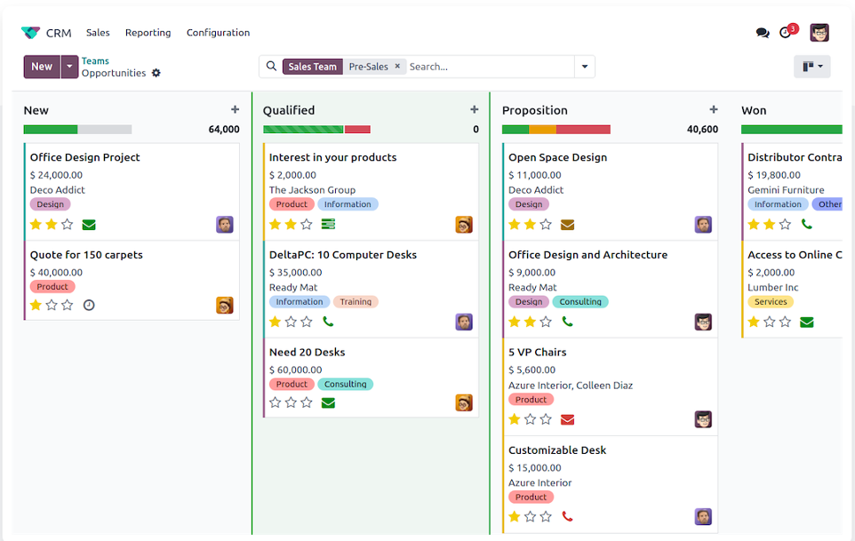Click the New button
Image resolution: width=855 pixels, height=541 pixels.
pyautogui.click(x=41, y=67)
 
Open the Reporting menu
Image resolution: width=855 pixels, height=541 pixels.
pyautogui.click(x=148, y=33)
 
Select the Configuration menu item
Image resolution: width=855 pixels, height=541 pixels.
pyautogui.click(x=218, y=33)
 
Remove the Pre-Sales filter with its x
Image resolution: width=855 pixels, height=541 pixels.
pyautogui.click(x=397, y=67)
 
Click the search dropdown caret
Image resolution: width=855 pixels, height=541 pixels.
pyautogui.click(x=584, y=67)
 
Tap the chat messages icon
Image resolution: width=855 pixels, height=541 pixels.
pyautogui.click(x=762, y=33)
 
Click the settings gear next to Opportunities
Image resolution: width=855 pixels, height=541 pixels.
pyautogui.click(x=156, y=74)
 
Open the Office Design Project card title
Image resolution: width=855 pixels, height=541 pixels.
pyautogui.click(x=85, y=157)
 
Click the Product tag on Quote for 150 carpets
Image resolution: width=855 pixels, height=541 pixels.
pyautogui.click(x=52, y=287)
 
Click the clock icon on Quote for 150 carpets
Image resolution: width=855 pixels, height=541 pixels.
pyautogui.click(x=89, y=305)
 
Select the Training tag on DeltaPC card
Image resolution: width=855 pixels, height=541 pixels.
pyautogui.click(x=356, y=302)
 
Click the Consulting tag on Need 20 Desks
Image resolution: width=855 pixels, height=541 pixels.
pyautogui.click(x=345, y=385)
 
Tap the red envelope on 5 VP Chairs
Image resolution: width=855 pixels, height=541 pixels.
pyautogui.click(x=567, y=419)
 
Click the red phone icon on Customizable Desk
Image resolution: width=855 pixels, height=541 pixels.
pyautogui.click(x=567, y=516)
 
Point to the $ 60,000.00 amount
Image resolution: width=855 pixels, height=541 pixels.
pyautogui.click(x=295, y=370)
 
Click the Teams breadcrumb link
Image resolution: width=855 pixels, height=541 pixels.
pyautogui.click(x=95, y=61)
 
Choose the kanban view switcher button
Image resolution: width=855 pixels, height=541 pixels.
pyautogui.click(x=811, y=67)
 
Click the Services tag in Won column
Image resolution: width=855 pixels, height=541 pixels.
pyautogui.click(x=771, y=302)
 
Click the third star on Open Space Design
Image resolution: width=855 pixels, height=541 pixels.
pyautogui.click(x=546, y=225)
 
